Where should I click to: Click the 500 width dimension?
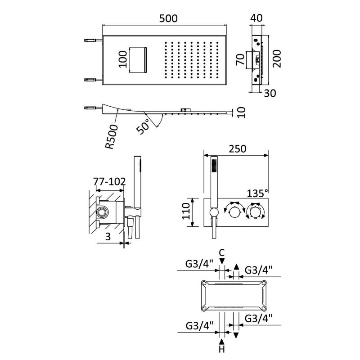168,18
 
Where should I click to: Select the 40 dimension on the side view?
256,18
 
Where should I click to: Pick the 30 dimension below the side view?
270,93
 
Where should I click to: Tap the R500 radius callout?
113,138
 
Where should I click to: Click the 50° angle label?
144,127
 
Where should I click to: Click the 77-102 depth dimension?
109,182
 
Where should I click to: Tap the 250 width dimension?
237,149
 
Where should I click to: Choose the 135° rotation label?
257,193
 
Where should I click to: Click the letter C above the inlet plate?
221,253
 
